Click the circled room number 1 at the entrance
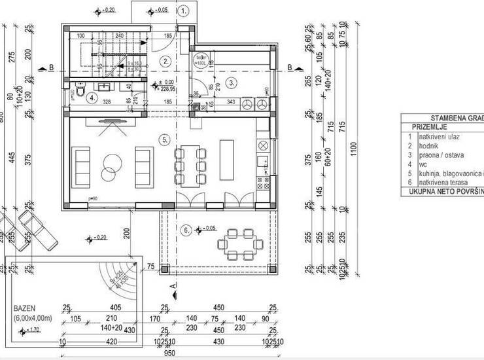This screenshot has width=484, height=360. click(184, 11)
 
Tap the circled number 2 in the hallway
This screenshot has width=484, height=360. click(166, 62)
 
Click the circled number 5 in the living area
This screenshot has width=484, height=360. click(165, 139)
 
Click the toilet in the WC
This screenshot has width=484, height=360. click(78, 94)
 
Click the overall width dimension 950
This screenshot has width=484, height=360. click(171, 353)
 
